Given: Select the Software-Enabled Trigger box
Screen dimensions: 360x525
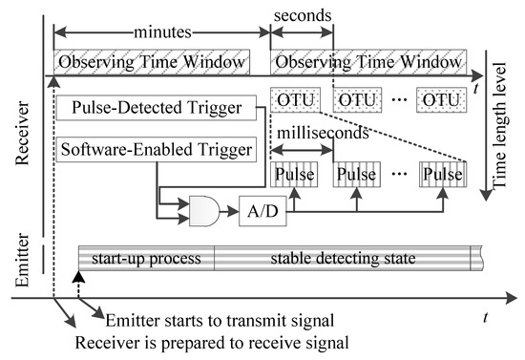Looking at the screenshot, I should (156, 149).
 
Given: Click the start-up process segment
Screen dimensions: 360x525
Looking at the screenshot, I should (145, 258).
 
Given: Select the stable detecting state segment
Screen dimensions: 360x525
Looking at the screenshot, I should (346, 258).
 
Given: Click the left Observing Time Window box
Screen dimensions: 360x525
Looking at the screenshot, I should (151, 62).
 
